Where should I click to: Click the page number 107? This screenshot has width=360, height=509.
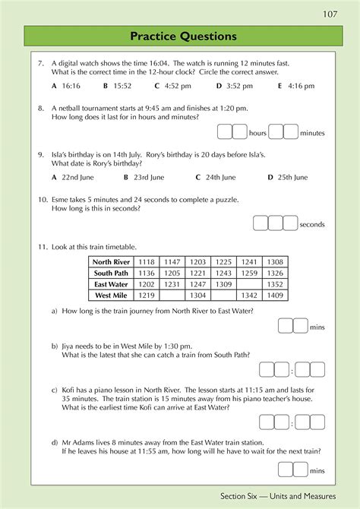(329, 14)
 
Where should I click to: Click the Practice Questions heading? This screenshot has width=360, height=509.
(183, 36)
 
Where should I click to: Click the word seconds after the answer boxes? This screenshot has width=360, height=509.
(312, 224)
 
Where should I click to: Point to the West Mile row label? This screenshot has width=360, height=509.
(111, 295)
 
